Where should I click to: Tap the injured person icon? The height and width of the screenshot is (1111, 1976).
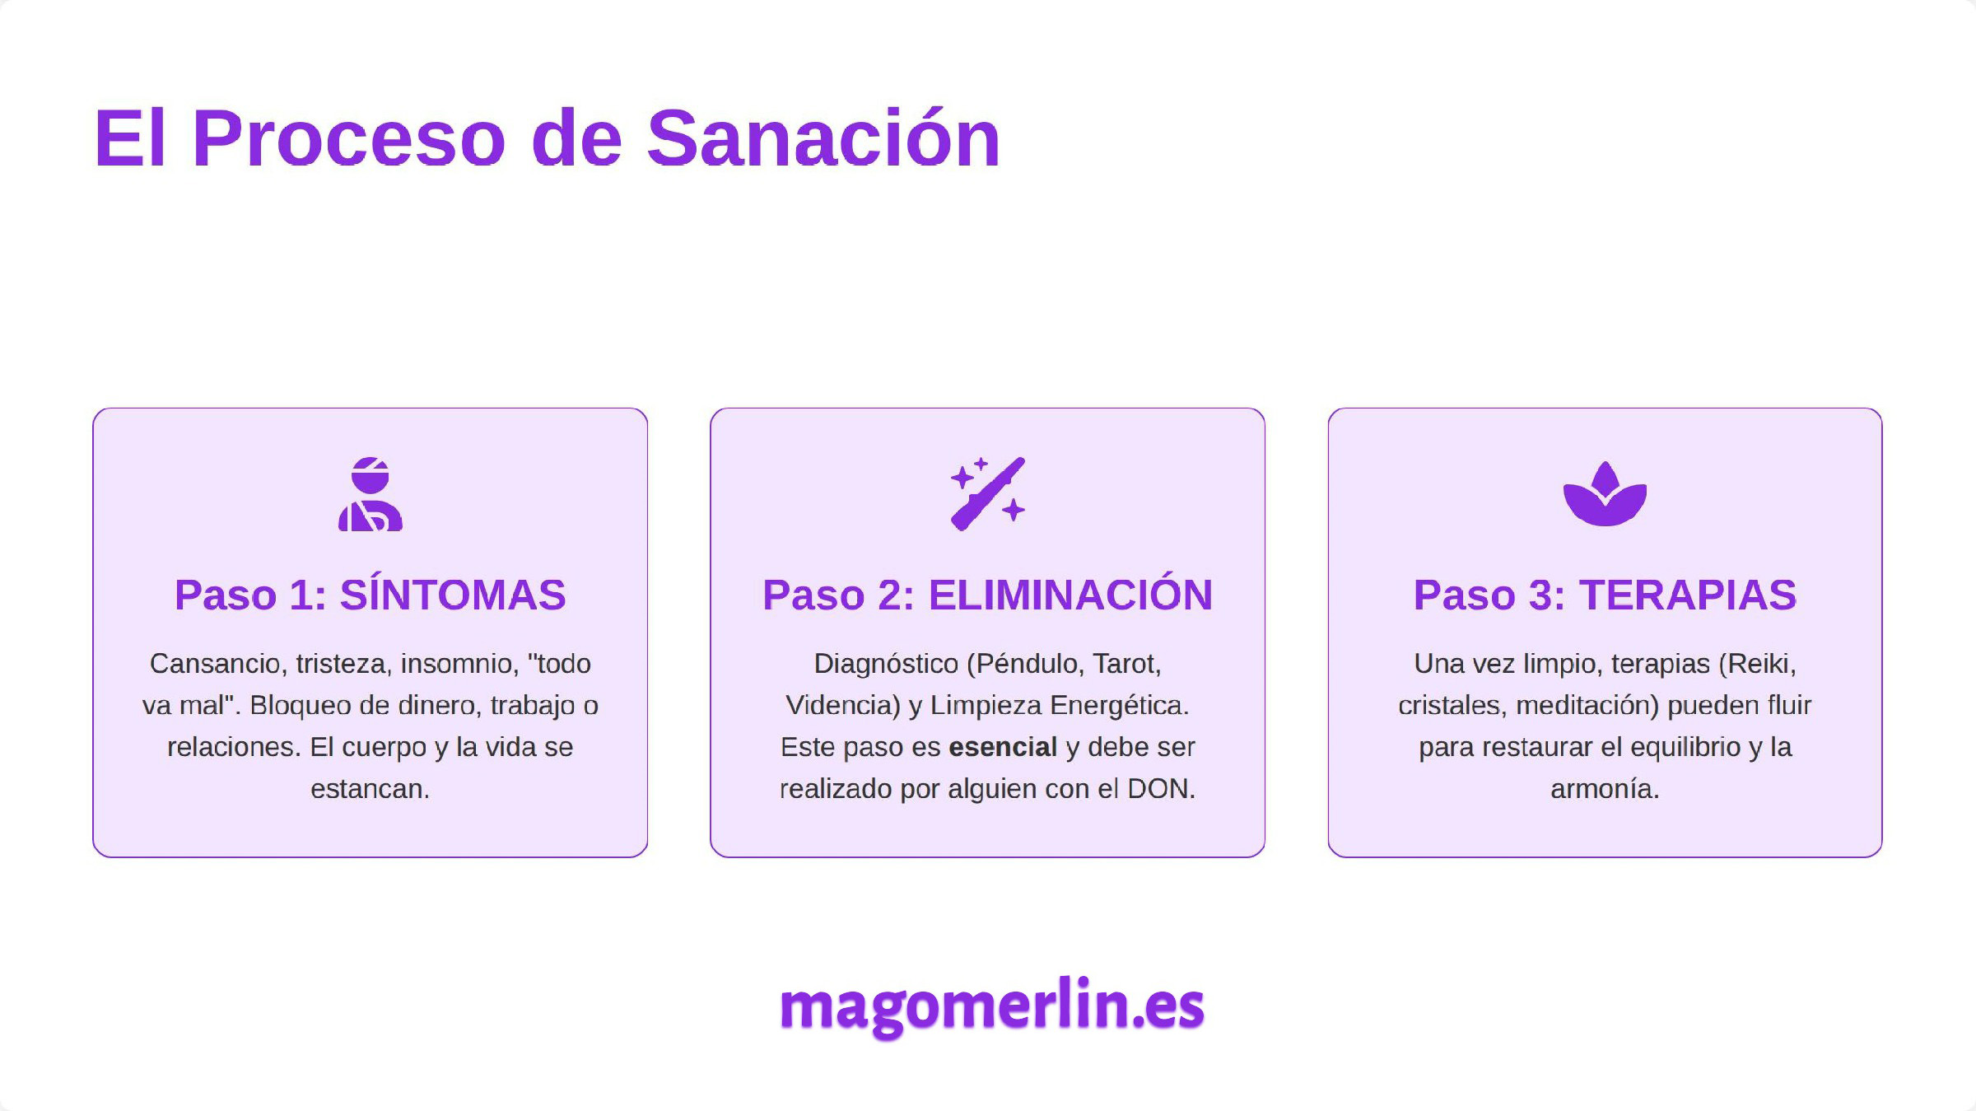tap(370, 494)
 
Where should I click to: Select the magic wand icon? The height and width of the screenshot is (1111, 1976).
tap(987, 494)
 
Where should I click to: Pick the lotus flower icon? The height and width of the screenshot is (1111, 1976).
tap(1605, 494)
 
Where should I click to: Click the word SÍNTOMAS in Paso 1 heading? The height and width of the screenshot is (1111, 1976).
tap(453, 595)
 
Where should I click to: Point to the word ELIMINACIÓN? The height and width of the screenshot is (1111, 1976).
tap(1070, 595)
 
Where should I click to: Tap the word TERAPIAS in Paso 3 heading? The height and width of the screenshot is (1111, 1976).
tap(1688, 595)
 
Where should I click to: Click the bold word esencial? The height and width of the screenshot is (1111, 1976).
tap(1002, 747)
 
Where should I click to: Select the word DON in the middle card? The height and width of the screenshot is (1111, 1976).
tap(1158, 789)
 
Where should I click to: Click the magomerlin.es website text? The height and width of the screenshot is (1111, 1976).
tap(991, 1006)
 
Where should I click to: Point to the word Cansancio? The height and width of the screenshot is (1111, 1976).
tap(215, 664)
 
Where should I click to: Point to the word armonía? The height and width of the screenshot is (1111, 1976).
tap(1605, 789)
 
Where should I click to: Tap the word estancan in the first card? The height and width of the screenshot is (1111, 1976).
tap(370, 789)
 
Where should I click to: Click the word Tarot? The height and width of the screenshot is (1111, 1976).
tap(1126, 664)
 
